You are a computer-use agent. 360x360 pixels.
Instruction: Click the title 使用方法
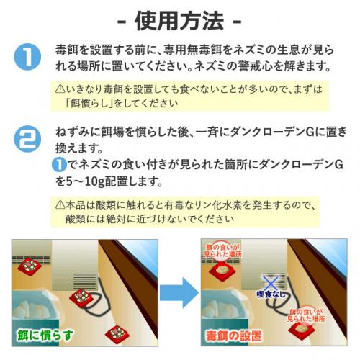click(x=179, y=21)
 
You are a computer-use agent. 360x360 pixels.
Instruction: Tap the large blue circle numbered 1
click(x=27, y=57)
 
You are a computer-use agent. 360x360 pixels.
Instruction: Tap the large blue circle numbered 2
click(x=27, y=139)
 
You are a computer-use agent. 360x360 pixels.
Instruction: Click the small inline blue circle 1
click(x=59, y=165)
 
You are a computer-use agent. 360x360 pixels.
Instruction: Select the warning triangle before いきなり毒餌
click(x=60, y=89)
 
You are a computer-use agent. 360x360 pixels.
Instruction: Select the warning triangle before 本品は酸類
click(x=60, y=204)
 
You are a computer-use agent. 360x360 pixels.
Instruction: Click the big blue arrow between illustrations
click(x=179, y=292)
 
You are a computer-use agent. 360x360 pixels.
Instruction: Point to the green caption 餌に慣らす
click(x=45, y=336)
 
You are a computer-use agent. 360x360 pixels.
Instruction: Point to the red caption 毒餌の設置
click(x=233, y=336)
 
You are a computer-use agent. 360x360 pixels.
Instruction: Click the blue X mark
click(x=271, y=284)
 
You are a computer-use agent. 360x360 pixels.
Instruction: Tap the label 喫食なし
click(x=271, y=294)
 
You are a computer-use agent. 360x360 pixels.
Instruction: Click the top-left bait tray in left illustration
click(x=30, y=266)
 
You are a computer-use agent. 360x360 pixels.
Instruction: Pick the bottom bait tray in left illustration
click(x=117, y=334)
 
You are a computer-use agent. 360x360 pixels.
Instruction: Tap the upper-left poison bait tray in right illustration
click(x=222, y=271)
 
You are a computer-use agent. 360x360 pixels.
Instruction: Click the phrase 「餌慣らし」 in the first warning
click(x=89, y=103)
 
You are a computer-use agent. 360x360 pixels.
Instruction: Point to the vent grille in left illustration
click(x=85, y=282)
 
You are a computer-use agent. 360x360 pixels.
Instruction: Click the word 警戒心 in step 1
click(x=256, y=66)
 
